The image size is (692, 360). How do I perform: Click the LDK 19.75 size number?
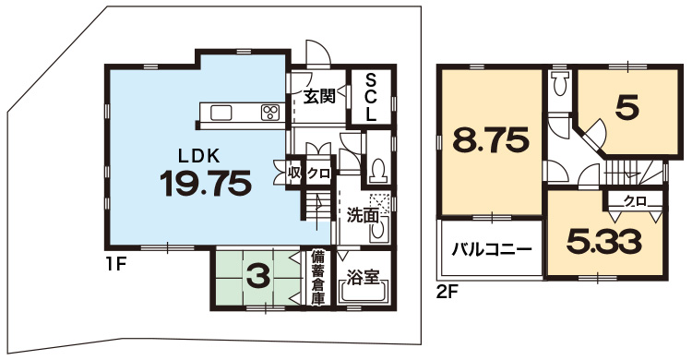click(x=206, y=183)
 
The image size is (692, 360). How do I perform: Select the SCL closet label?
click(x=372, y=98)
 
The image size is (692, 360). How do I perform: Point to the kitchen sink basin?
click(x=221, y=113)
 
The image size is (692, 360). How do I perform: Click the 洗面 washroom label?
click(x=363, y=215)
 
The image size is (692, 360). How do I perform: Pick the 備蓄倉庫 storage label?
click(x=317, y=278)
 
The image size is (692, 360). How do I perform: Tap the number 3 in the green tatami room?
click(x=257, y=278)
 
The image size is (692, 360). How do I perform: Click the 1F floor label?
click(x=116, y=264)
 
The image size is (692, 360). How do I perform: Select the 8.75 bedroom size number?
click(x=491, y=140)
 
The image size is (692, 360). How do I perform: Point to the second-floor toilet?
click(x=561, y=84)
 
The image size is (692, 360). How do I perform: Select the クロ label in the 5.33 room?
click(x=635, y=201)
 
